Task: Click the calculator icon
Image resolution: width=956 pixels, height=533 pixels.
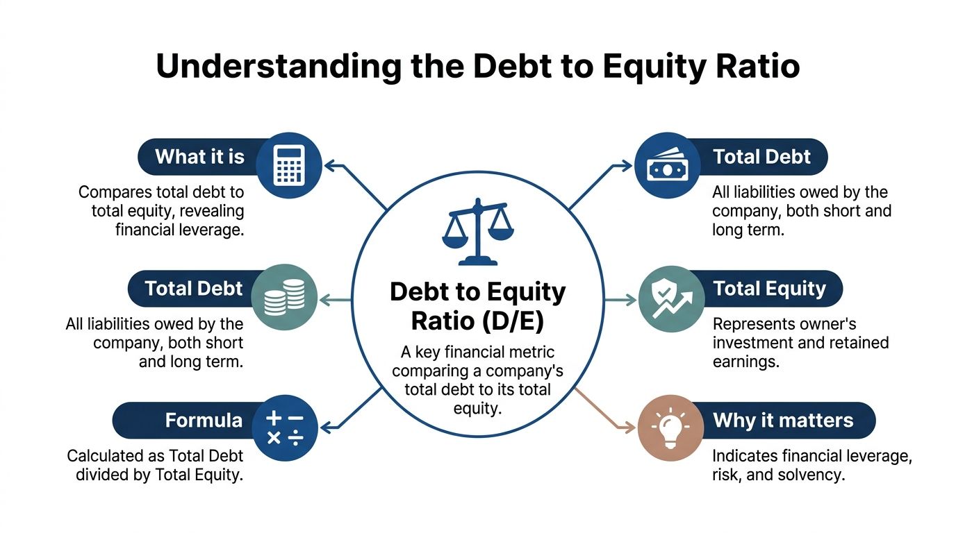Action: click(x=288, y=165)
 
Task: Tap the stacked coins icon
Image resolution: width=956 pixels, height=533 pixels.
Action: click(x=285, y=296)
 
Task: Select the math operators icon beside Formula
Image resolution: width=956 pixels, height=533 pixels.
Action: click(x=285, y=428)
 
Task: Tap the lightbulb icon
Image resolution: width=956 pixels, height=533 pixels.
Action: click(x=670, y=428)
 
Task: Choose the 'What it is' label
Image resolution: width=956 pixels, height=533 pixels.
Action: click(x=199, y=156)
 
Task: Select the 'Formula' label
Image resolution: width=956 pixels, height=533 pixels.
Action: click(x=203, y=420)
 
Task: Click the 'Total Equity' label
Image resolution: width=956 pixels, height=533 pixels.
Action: click(x=769, y=288)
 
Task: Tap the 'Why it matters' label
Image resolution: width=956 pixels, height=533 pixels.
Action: click(x=782, y=420)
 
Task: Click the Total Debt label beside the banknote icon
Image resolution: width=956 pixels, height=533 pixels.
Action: click(x=761, y=156)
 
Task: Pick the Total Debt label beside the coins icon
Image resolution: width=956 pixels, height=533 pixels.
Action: click(x=194, y=288)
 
